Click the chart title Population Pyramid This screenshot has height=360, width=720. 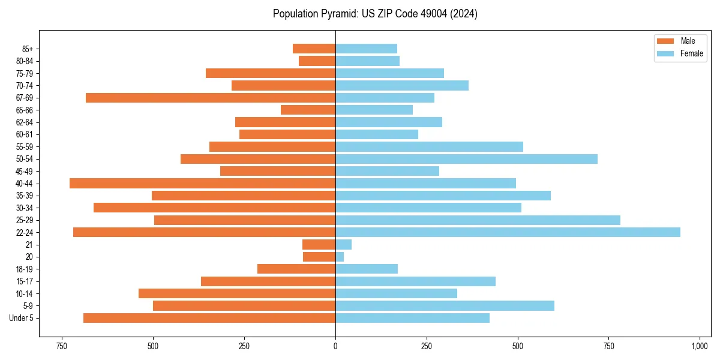tap(375, 14)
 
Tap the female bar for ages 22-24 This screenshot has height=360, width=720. tap(508, 232)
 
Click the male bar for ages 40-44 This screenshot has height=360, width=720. tap(202, 184)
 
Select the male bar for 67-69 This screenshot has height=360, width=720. tap(211, 98)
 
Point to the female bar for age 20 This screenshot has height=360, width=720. tap(340, 257)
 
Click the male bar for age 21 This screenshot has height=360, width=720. tap(319, 245)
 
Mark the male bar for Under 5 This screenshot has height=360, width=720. tap(209, 318)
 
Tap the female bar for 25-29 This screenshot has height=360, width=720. tap(478, 220)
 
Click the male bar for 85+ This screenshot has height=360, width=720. tap(314, 49)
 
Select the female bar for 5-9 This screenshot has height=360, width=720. tap(445, 306)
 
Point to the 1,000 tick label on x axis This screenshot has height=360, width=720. tap(700, 347)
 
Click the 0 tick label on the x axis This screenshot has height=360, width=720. tap(335, 347)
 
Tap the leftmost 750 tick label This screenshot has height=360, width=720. tap(61, 347)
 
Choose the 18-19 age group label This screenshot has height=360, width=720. tap(25, 269)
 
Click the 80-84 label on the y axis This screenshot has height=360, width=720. tap(25, 61)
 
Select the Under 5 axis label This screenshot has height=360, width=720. tap(21, 318)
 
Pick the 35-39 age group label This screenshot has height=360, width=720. tap(25, 196)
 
